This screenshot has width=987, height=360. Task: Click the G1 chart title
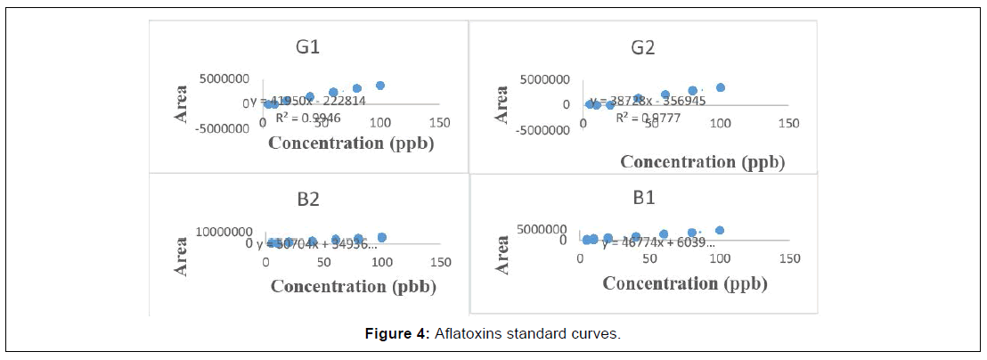pos(308,47)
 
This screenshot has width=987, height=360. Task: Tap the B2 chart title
pos(308,199)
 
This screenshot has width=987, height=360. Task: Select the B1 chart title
pos(644,198)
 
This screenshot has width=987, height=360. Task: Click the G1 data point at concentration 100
pos(380,86)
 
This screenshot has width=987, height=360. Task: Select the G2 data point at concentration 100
pos(721,87)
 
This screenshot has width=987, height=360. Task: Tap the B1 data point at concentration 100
pos(720,231)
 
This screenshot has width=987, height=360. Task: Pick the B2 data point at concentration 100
pos(382,237)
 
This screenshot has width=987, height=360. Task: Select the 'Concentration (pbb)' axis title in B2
pos(352,286)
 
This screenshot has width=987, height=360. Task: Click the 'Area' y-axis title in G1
pos(182,103)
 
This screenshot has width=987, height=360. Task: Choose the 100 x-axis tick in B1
pos(720,258)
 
